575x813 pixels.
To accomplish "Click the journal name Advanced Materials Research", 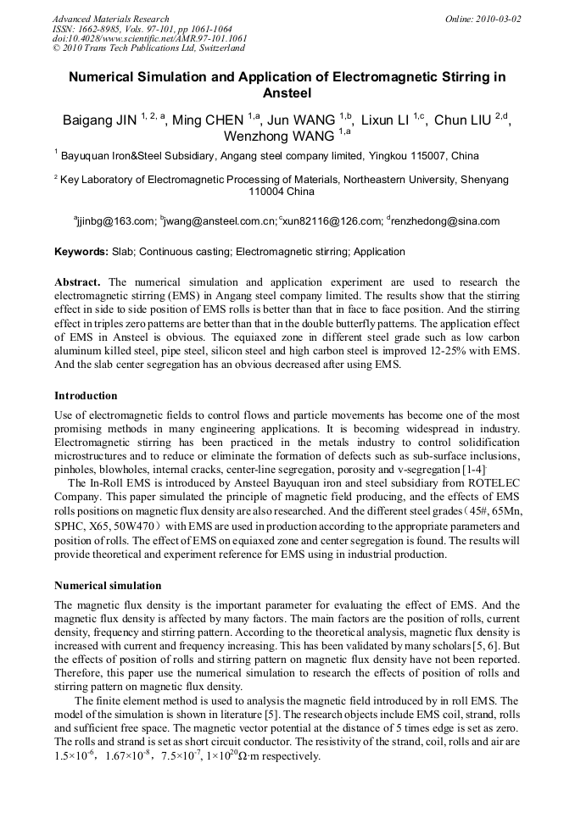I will coord(110,19).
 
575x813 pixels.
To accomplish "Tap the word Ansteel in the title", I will coord(287,93).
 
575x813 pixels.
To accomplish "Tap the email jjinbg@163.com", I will coord(116,221).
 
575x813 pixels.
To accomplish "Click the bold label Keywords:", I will coord(81,252).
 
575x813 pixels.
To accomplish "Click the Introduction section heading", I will coord(86,396).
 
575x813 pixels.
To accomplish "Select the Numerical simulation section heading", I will coord(108,586).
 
